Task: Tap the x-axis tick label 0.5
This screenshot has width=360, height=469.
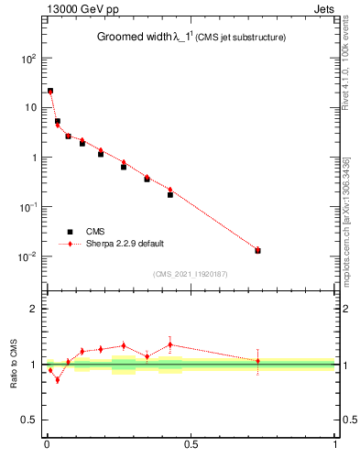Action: [x=191, y=446]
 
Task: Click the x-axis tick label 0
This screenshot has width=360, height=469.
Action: [x=46, y=446]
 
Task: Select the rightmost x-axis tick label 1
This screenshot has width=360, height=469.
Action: [x=335, y=446]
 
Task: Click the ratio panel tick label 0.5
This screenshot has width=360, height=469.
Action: [x=30, y=420]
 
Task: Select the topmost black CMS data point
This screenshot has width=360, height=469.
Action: [x=50, y=91]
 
